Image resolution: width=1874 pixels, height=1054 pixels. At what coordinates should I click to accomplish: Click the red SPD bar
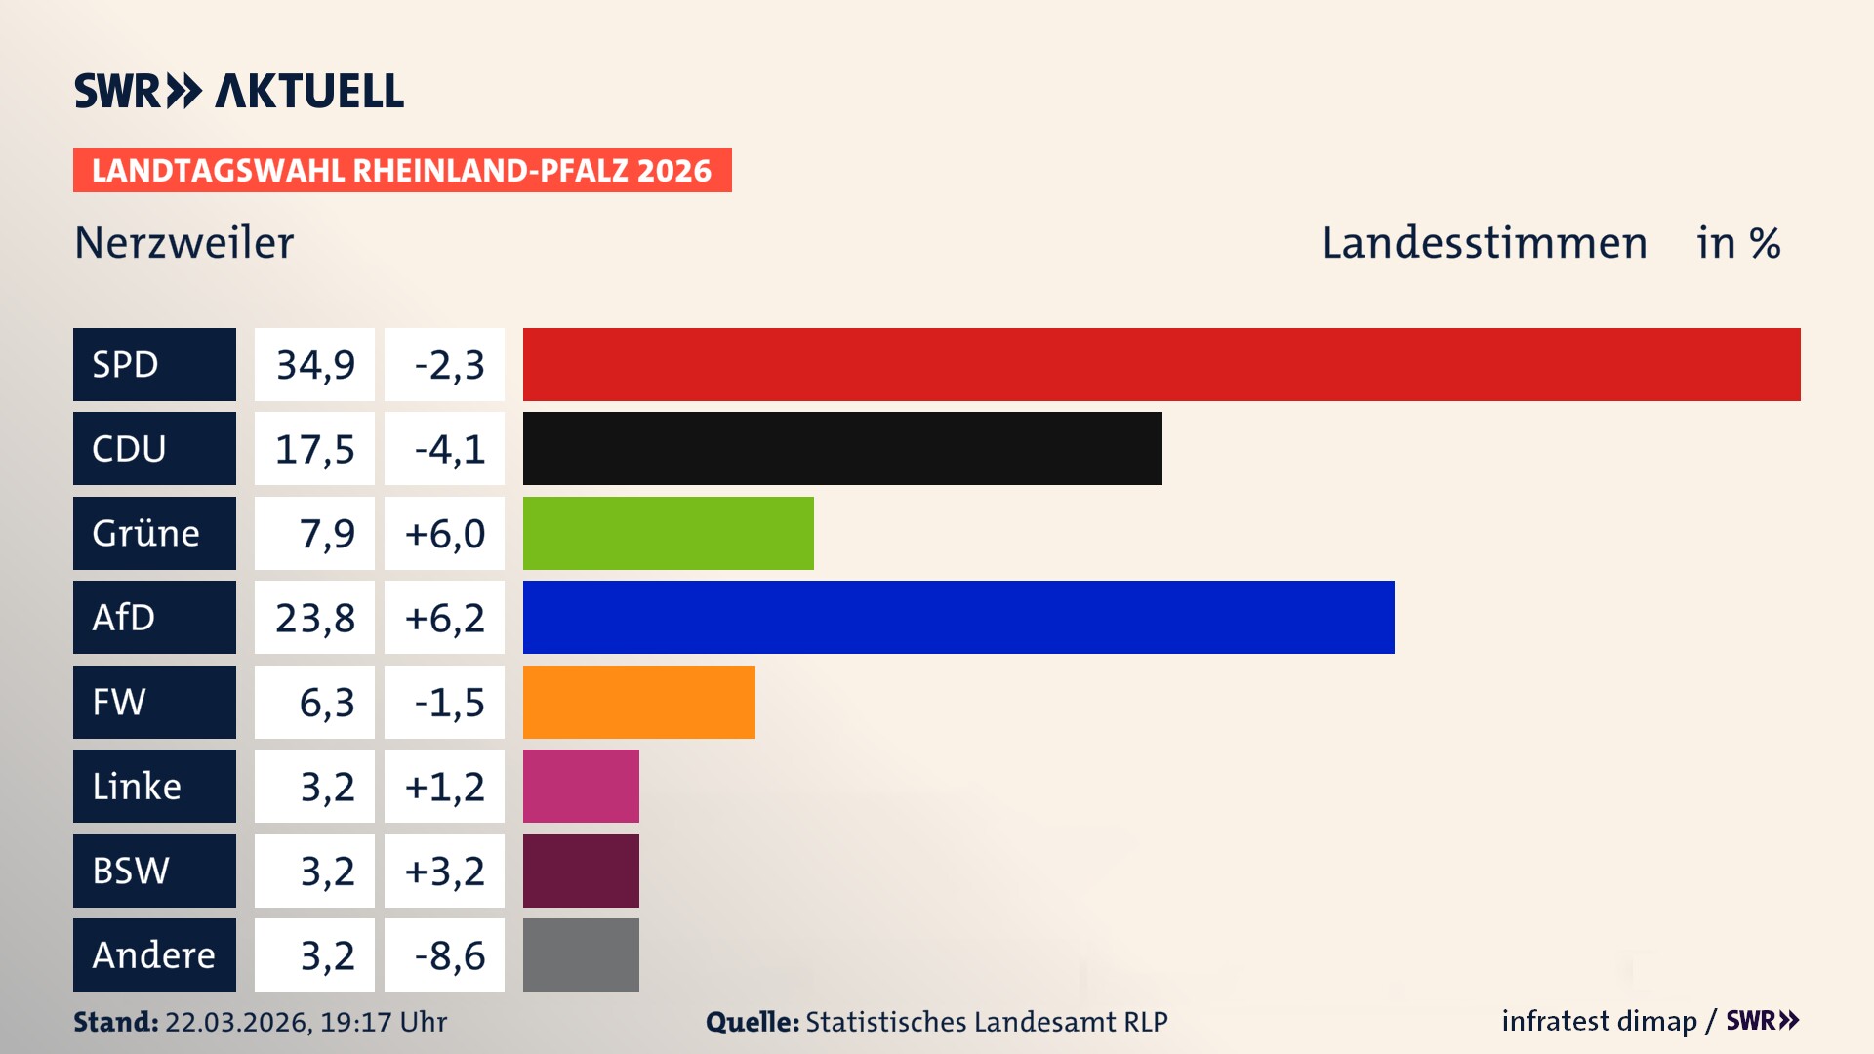[1161, 364]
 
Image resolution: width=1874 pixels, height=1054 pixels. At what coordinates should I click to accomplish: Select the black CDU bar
[842, 448]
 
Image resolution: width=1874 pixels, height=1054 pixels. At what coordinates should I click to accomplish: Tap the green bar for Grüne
[668, 533]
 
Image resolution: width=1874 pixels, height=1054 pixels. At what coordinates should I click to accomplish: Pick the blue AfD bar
[958, 617]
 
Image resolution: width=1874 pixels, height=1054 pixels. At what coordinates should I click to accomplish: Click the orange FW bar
[638, 702]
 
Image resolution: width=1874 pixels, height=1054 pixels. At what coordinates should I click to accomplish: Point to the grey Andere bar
[581, 954]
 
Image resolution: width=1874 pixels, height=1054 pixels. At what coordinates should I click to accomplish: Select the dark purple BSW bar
[581, 871]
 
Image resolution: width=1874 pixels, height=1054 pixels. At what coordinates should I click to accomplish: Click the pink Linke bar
[581, 786]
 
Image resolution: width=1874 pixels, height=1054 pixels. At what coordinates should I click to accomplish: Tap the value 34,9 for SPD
[314, 365]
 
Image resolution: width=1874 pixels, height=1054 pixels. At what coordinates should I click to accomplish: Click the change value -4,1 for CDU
[447, 449]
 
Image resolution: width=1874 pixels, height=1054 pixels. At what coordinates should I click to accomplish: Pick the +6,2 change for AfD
[444, 618]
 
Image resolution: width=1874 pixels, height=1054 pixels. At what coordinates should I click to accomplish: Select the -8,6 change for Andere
[447, 955]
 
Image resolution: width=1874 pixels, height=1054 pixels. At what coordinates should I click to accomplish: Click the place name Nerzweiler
[183, 242]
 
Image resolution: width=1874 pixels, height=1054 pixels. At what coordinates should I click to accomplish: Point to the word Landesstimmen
[1484, 242]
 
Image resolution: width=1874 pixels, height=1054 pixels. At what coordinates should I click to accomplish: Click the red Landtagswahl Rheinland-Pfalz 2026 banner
[402, 170]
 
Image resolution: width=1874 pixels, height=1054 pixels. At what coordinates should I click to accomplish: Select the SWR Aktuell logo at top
[238, 91]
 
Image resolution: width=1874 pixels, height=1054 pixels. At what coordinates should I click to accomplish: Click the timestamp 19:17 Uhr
[383, 1022]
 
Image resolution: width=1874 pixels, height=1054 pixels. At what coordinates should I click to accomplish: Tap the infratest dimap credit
[1598, 1021]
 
